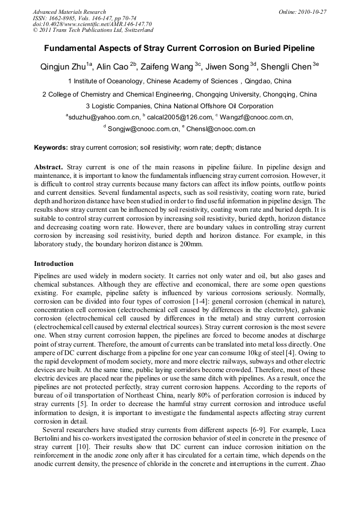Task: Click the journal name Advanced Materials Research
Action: click(x=69, y=12)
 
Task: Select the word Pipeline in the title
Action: click(x=294, y=48)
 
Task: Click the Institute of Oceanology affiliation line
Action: click(x=179, y=81)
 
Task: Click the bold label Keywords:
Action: click(x=51, y=147)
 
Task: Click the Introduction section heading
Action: click(x=54, y=263)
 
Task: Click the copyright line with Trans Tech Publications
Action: click(x=93, y=31)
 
